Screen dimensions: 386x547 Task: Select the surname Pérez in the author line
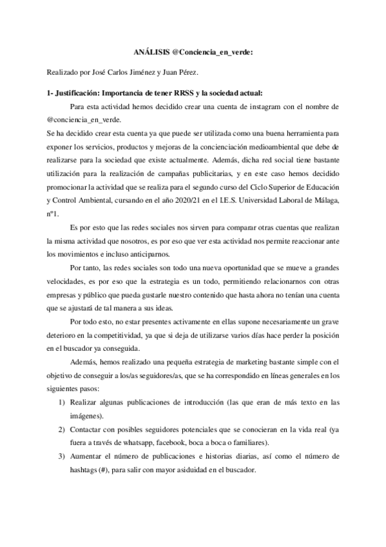pos(203,73)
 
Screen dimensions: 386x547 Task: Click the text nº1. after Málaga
pos(55,201)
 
